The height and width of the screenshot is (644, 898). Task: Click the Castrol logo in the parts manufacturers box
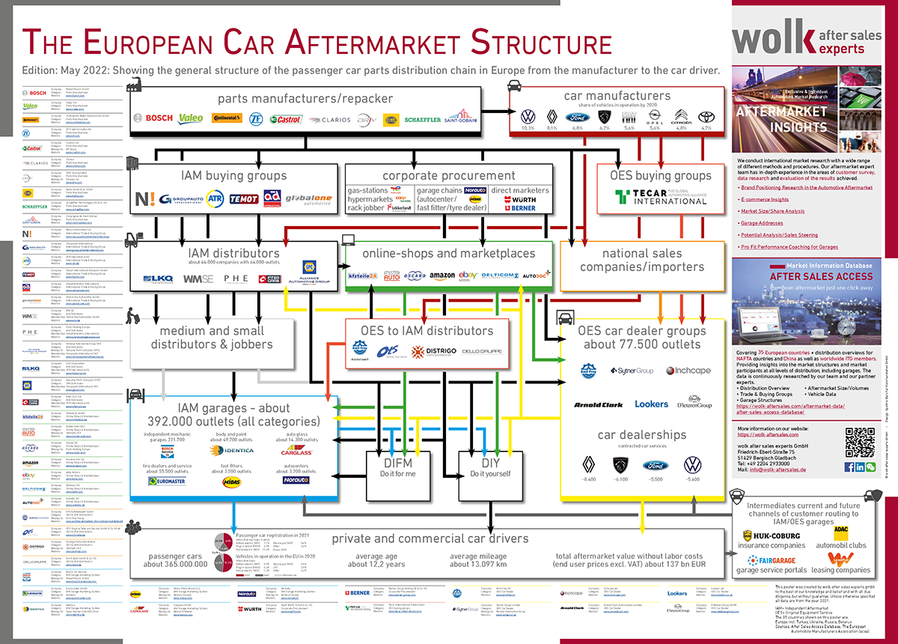pyautogui.click(x=285, y=119)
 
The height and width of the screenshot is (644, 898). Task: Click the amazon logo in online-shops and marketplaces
pyautogui.click(x=442, y=276)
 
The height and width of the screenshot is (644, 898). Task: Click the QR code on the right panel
pyautogui.click(x=859, y=442)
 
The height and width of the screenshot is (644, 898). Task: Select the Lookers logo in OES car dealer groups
pyautogui.click(x=651, y=404)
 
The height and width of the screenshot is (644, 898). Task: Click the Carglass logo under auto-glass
pyautogui.click(x=296, y=452)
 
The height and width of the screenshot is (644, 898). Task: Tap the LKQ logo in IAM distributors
pyautogui.click(x=159, y=279)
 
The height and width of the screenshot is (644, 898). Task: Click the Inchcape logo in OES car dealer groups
pyautogui.click(x=688, y=370)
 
